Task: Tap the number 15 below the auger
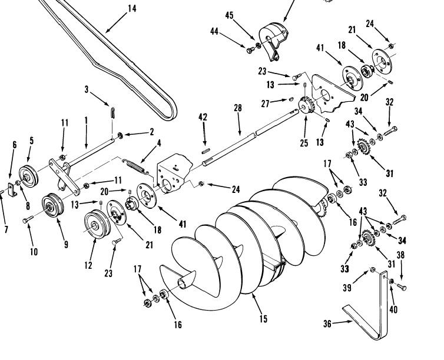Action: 263,319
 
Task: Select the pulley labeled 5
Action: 27,175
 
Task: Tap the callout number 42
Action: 203,117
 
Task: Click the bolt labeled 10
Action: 26,220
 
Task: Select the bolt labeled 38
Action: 402,287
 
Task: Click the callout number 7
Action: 6,229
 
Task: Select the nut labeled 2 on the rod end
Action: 120,136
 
